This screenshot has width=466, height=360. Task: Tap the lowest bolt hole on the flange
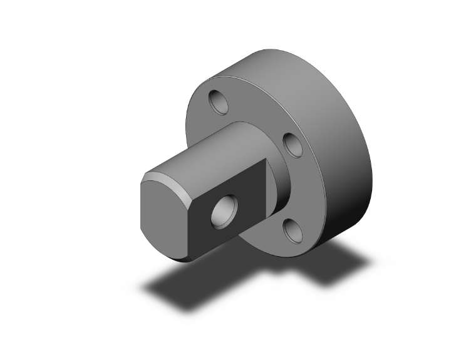click(x=293, y=231)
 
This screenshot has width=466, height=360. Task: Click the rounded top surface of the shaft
click(x=207, y=150)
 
